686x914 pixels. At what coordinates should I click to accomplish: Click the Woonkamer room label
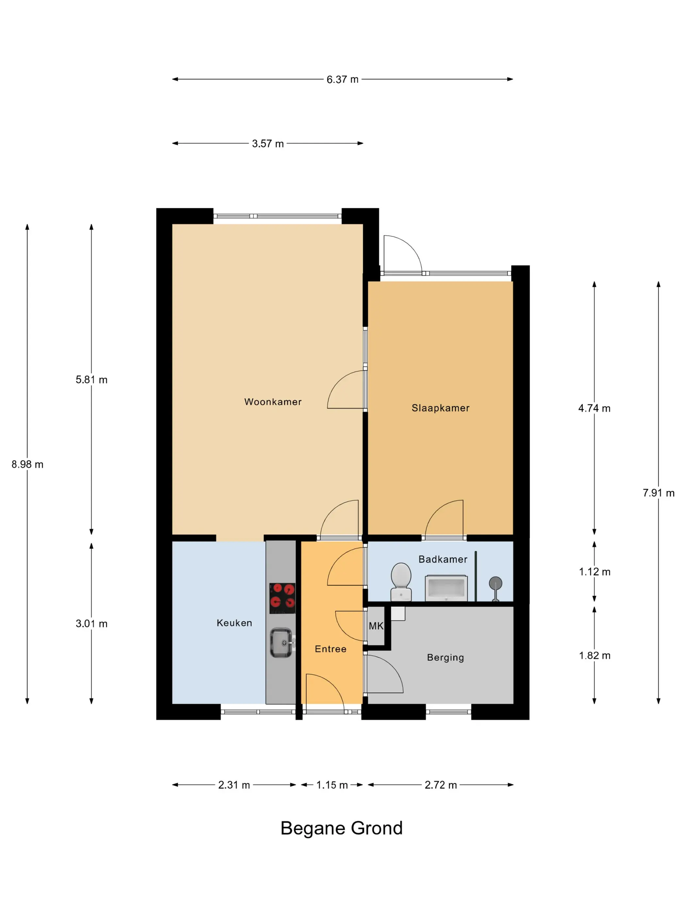(273, 402)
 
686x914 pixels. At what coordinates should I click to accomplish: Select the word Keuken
(235, 623)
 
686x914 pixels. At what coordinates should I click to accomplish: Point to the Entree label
(330, 649)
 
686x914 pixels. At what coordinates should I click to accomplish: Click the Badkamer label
(443, 559)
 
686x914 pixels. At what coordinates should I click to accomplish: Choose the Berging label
(445, 657)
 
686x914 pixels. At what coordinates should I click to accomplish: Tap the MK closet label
(376, 626)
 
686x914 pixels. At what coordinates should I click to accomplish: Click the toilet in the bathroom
(401, 582)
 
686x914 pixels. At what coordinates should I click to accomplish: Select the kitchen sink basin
(281, 642)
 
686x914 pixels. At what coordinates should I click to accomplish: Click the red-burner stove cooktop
(283, 598)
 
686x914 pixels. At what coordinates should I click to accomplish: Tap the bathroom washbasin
(446, 588)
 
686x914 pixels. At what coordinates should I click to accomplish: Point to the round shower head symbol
(495, 583)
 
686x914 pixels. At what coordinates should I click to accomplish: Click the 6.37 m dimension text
(342, 79)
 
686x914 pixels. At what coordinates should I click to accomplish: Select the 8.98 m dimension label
(27, 465)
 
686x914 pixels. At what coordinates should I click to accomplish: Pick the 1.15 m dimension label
(332, 785)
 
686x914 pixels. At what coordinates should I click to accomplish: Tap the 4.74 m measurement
(594, 408)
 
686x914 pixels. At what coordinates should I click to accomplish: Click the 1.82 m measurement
(595, 656)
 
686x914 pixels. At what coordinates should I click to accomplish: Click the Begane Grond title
(342, 828)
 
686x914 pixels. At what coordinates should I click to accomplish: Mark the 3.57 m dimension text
(268, 144)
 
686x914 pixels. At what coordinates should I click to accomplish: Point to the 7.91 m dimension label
(658, 493)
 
